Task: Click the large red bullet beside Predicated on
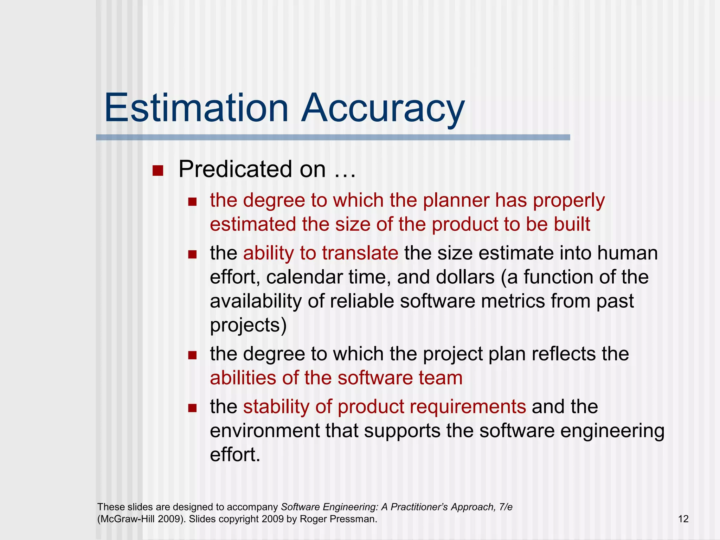[x=158, y=171]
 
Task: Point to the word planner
[x=455, y=200]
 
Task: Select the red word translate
[x=360, y=253]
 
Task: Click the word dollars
[x=465, y=277]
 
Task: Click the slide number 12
[x=683, y=519]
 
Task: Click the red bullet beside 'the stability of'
[x=192, y=408]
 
